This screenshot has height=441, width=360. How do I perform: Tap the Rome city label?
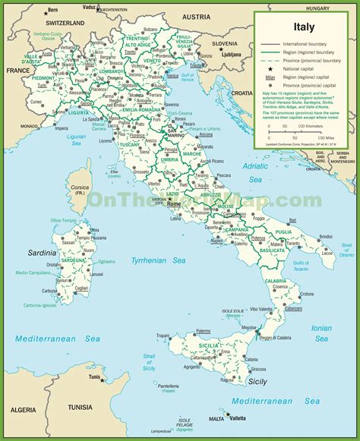[x=175, y=204]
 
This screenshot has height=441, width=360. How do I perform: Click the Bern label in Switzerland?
[x=52, y=11]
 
